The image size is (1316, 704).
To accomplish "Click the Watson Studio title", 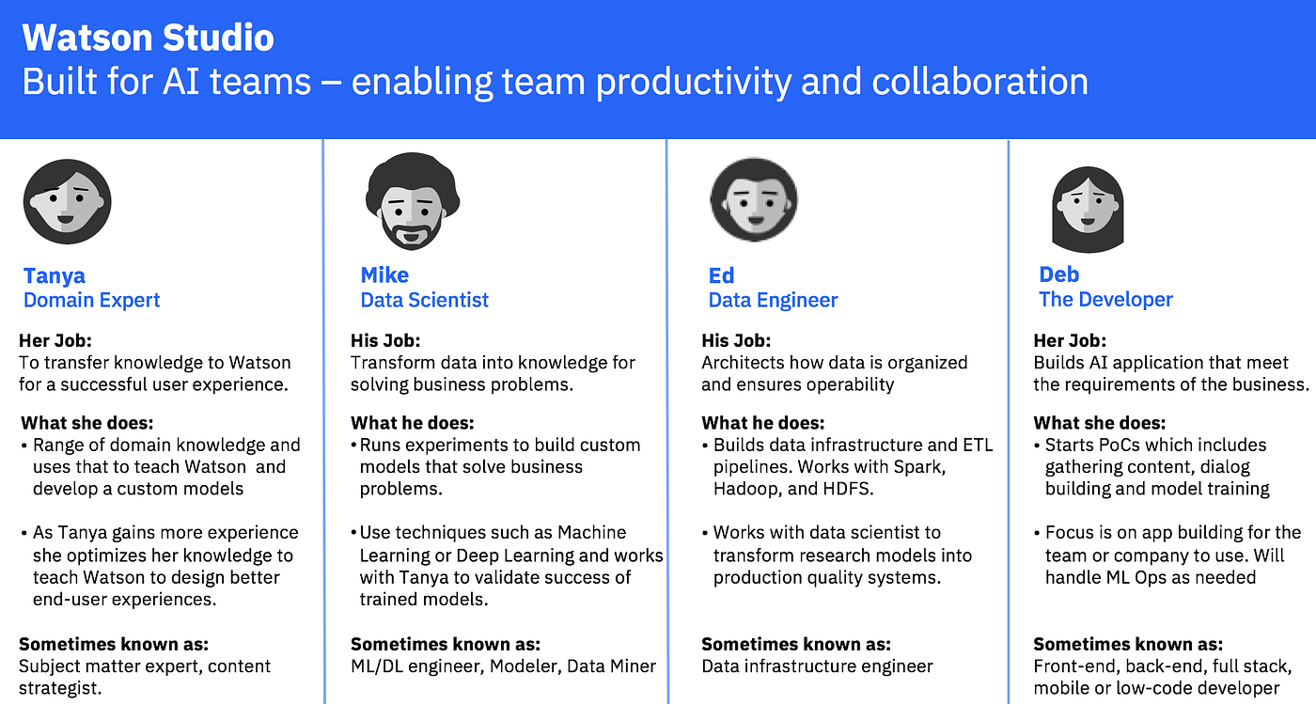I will tap(149, 38).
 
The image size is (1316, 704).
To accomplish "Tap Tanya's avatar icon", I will tap(67, 201).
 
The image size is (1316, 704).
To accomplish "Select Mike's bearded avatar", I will tap(411, 200).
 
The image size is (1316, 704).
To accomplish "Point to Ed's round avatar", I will tap(753, 199).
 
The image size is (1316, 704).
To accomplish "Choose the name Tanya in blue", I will tap(55, 275).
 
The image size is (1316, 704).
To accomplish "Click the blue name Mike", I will tap(384, 275).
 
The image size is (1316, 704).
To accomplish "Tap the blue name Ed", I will tap(721, 275).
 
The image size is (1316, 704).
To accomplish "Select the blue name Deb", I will tap(1058, 274).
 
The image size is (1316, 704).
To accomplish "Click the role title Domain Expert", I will tap(91, 300).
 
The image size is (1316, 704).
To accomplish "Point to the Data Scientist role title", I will tap(424, 300).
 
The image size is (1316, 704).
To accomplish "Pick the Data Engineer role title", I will tap(773, 300).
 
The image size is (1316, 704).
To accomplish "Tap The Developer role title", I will tap(1105, 299).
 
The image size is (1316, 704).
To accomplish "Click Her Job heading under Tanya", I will tap(55, 340).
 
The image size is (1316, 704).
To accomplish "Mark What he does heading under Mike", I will tap(413, 423).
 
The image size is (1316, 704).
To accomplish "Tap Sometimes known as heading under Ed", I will tap(796, 644).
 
